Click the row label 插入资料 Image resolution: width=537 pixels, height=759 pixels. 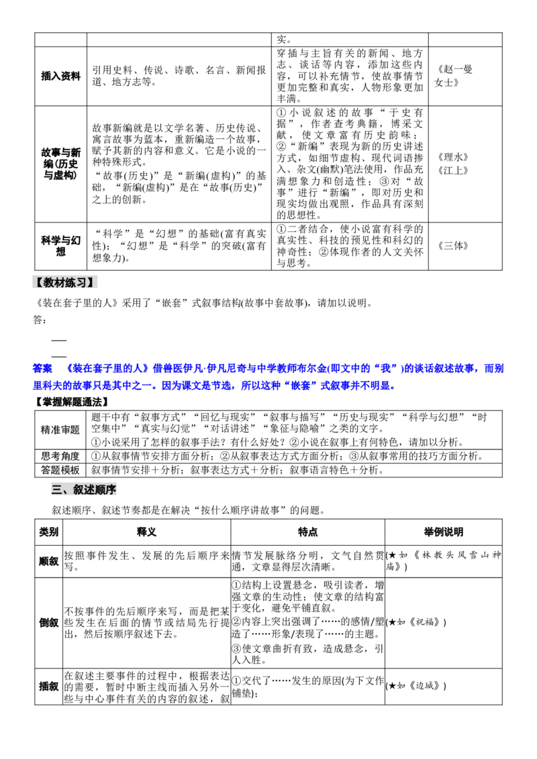[x=60, y=76]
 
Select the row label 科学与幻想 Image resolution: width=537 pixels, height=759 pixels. [x=60, y=246]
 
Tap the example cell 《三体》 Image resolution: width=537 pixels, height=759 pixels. [x=452, y=246]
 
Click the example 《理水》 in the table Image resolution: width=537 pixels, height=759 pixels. [x=452, y=158]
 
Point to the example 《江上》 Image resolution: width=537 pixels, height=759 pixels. [x=452, y=170]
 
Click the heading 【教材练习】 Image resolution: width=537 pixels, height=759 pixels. [x=64, y=283]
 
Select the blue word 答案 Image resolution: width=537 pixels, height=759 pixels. [x=43, y=368]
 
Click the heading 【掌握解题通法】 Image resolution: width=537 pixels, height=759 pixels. [x=71, y=402]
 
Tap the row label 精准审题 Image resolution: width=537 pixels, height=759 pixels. [x=60, y=430]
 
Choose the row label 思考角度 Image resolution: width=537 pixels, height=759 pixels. [x=60, y=456]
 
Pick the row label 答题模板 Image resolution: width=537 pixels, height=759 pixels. [x=60, y=470]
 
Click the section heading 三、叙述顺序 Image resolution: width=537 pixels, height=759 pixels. [x=84, y=490]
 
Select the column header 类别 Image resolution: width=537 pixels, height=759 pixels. [x=48, y=532]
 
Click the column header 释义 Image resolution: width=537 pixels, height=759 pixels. [x=146, y=532]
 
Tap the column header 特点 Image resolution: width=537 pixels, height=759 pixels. [x=307, y=532]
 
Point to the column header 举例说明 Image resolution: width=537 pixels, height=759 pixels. [x=444, y=532]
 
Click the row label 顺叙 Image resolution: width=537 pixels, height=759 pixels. [x=48, y=561]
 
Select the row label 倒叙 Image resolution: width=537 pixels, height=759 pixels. [x=48, y=622]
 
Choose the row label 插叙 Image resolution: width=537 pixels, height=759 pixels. [x=48, y=687]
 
